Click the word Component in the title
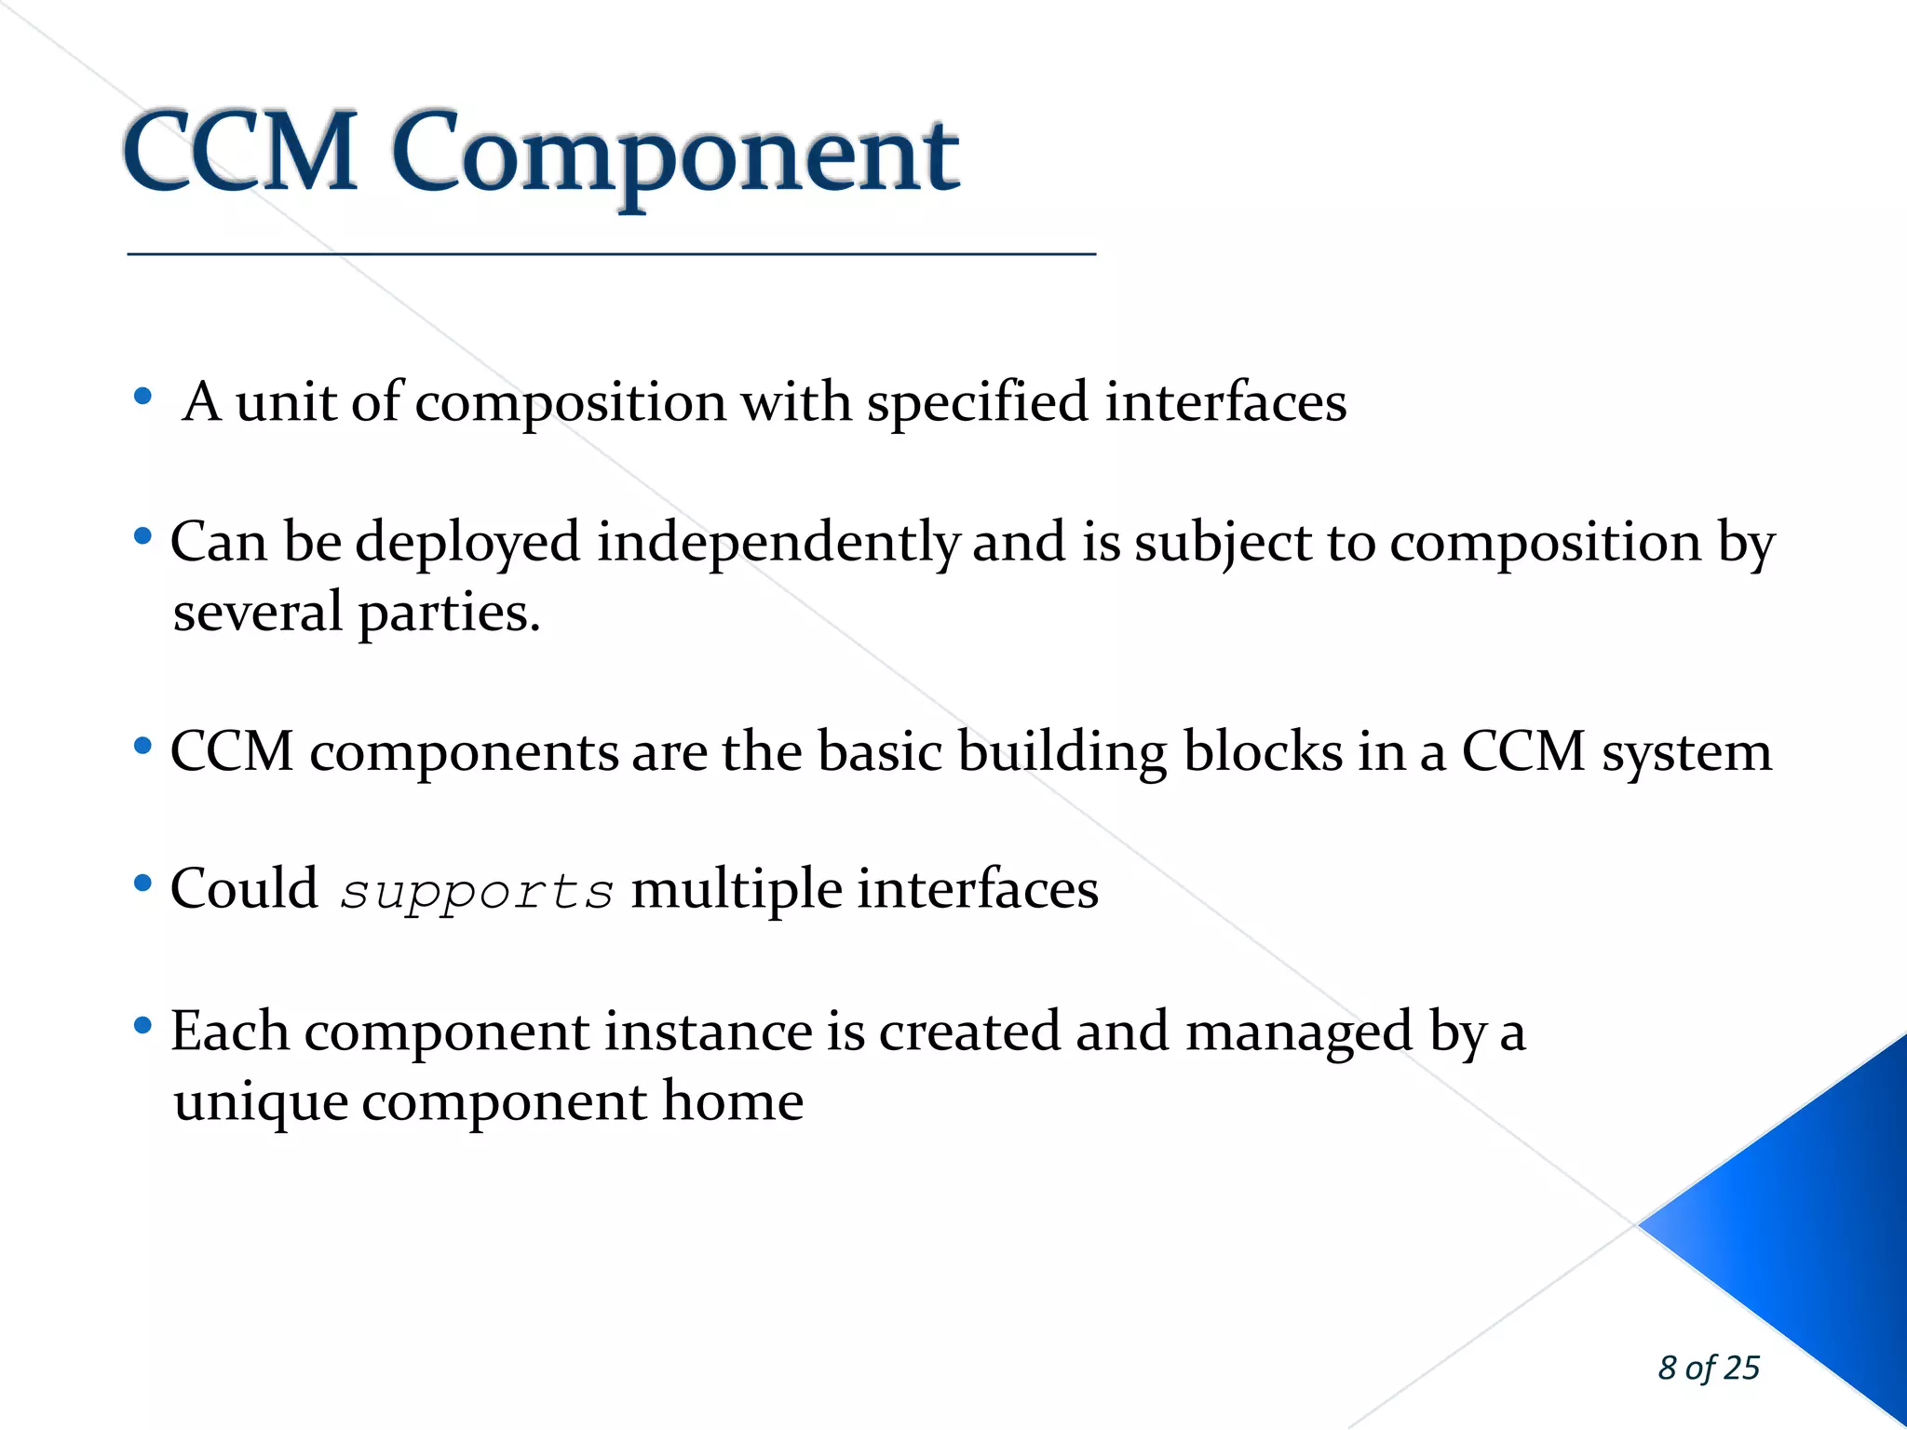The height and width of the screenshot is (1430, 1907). click(x=675, y=154)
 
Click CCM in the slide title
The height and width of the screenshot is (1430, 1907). click(x=240, y=151)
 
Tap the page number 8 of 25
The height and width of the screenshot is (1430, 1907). click(x=1708, y=1368)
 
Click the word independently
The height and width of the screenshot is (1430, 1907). click(x=778, y=543)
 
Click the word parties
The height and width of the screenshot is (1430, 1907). click(x=448, y=614)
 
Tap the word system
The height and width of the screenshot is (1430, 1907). click(x=1686, y=753)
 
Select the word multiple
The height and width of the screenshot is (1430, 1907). click(x=737, y=889)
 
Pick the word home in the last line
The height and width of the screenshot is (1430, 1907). click(x=732, y=1101)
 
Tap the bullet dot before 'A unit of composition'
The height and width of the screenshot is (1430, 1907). click(x=142, y=397)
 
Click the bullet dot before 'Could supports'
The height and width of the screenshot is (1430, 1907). click(x=142, y=883)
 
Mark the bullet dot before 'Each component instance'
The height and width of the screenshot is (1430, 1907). click(x=142, y=1026)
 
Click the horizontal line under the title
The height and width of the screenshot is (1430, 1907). click(x=611, y=253)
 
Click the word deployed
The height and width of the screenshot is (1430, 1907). click(x=468, y=543)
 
